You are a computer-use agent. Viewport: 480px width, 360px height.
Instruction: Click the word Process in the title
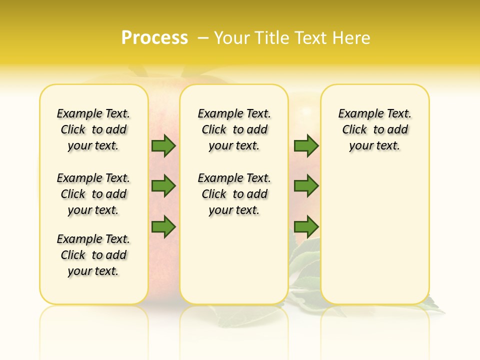[154, 38]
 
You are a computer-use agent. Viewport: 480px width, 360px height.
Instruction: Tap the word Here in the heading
[352, 38]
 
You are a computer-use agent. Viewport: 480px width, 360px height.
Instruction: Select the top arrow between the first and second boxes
[163, 146]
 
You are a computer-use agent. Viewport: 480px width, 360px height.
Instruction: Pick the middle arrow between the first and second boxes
[163, 186]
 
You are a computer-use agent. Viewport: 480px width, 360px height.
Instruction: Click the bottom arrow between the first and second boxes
[163, 227]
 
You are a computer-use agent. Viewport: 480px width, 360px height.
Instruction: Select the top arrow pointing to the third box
[306, 145]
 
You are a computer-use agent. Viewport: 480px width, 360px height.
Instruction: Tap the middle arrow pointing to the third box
[306, 185]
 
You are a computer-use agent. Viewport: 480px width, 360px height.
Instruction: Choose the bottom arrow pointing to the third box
[306, 227]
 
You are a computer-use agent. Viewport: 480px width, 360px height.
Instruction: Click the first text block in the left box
[93, 129]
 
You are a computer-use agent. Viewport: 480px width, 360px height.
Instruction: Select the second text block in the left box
[93, 194]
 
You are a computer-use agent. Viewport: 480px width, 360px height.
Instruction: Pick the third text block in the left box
[93, 255]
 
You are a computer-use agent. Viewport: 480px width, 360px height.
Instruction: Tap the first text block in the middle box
[234, 129]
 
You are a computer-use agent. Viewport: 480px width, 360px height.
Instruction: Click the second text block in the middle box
[234, 194]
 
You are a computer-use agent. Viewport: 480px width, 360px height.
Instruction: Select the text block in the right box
[375, 129]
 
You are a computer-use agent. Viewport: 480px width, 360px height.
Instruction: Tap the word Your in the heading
[231, 38]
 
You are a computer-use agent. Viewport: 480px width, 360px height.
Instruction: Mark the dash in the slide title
[203, 38]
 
